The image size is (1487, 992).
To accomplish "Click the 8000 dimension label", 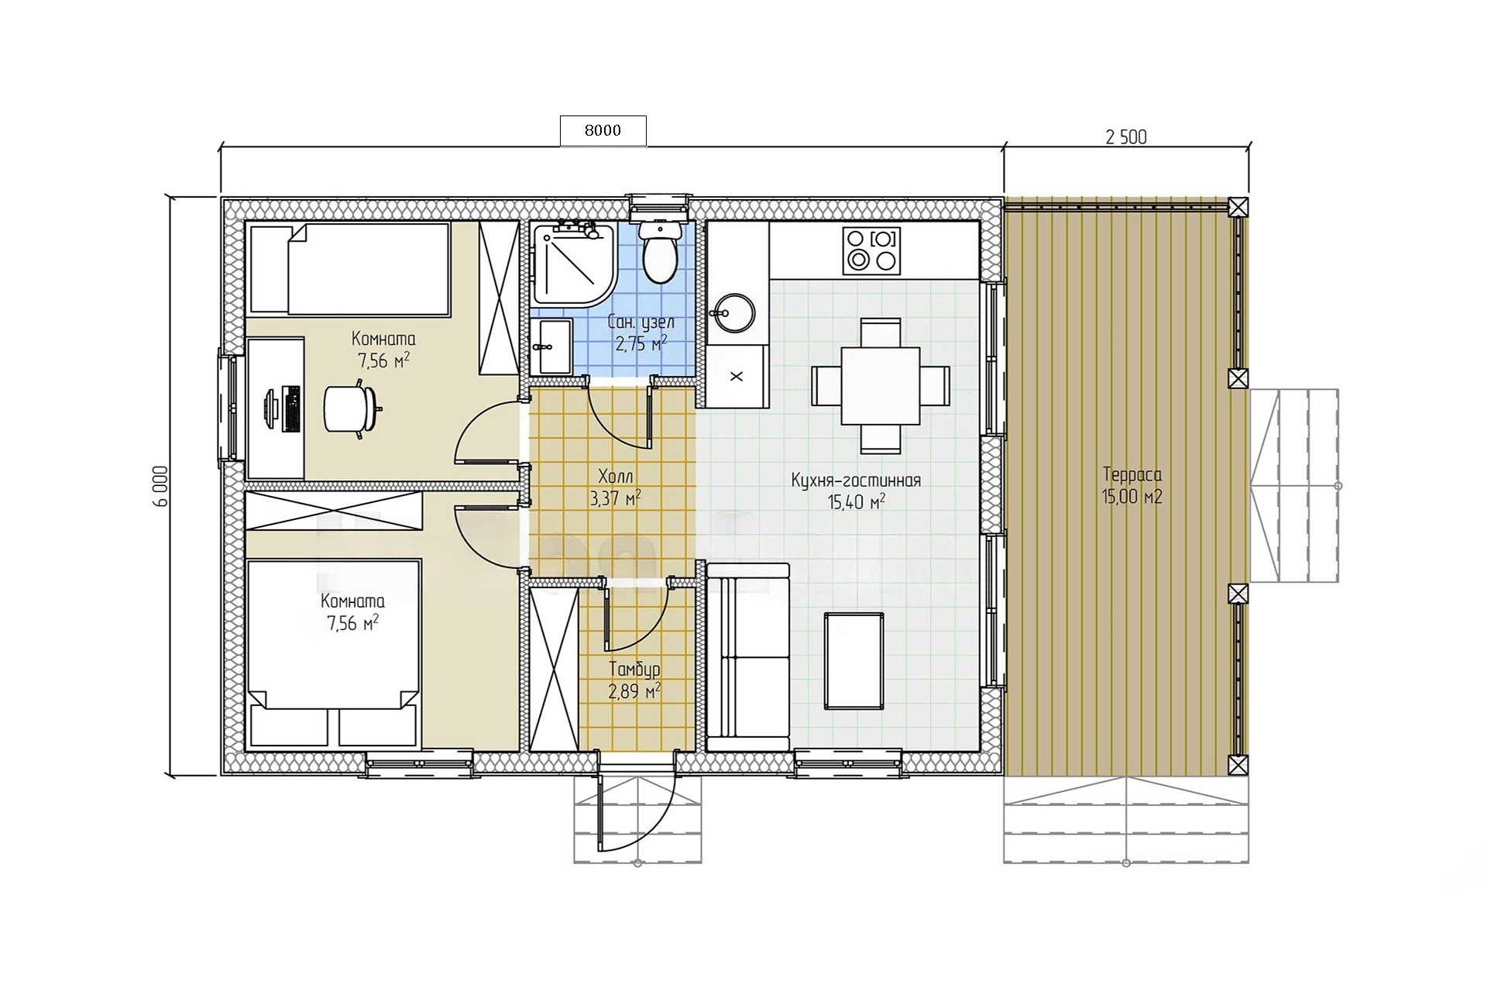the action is tap(603, 131).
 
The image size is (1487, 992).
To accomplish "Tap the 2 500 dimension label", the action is tap(1126, 137).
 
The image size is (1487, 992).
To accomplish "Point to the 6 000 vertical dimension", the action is tap(160, 486).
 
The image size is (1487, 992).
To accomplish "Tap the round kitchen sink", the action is tap(728, 313).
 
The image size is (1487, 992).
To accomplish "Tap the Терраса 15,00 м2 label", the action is tap(1132, 486).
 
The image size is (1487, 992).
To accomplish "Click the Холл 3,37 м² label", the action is tap(615, 486).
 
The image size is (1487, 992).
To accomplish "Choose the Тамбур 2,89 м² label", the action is tap(634, 680).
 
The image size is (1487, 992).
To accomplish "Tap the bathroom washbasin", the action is tap(551, 346).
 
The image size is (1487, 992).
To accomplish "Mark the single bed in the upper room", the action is tap(348, 269).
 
